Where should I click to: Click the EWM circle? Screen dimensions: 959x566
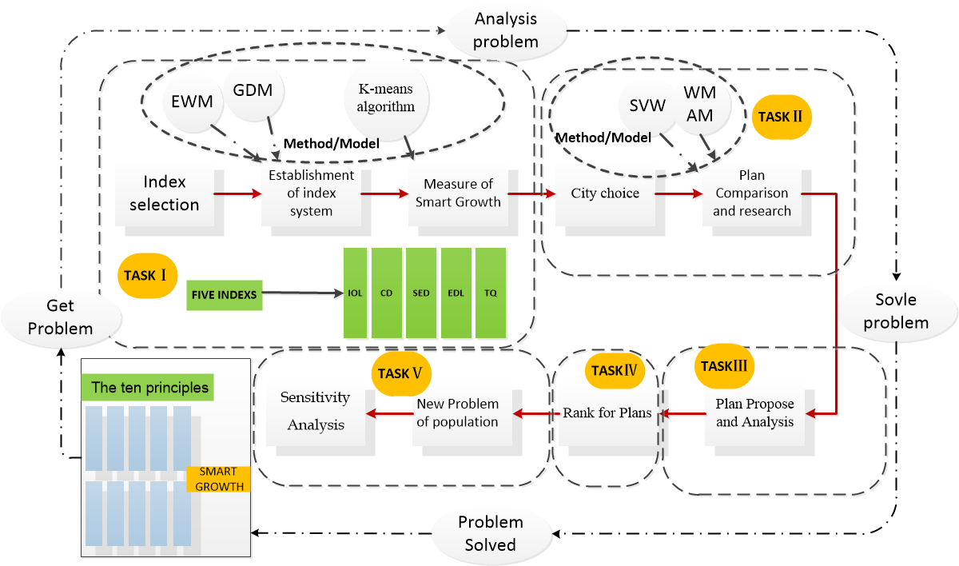193,102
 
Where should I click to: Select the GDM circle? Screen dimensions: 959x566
253,90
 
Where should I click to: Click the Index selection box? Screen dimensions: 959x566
165,193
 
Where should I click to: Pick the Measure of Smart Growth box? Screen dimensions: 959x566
458,193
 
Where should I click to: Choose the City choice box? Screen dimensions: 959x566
606,193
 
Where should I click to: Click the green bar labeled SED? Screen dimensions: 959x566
421,293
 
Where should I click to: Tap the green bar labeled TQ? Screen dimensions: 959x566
491,293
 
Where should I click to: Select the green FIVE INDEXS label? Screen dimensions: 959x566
225,295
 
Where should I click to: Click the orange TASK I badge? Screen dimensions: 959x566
147,276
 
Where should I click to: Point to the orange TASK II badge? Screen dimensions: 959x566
782,117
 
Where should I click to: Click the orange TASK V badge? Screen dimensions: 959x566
401,374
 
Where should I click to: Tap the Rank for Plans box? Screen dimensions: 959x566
608,413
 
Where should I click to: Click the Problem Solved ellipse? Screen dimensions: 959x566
491,533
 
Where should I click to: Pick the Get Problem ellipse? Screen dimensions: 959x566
62,317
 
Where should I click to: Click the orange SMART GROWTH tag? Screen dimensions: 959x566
219,479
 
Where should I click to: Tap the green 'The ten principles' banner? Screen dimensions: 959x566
148,388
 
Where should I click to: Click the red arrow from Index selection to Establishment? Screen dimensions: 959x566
237,194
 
